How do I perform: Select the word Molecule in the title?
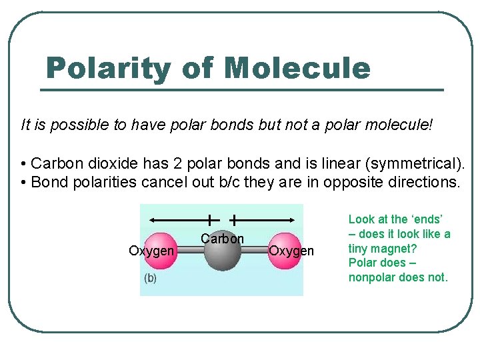click(297, 68)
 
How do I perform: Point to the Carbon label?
click(223, 239)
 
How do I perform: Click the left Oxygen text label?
click(151, 251)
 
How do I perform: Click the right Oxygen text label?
click(291, 251)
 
